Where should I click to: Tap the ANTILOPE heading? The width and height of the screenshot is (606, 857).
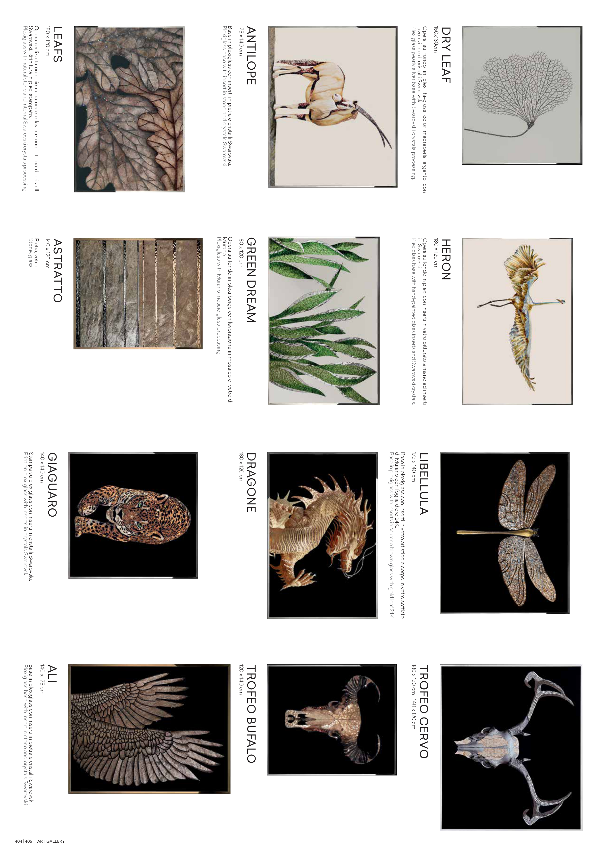tap(251, 56)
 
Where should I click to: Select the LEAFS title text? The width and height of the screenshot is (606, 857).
tap(58, 44)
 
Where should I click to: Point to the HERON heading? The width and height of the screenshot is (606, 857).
tap(446, 259)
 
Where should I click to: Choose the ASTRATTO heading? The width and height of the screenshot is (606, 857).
tap(58, 271)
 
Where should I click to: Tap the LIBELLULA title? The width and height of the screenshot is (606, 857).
tap(424, 484)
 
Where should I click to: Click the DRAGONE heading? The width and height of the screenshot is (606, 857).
tap(251, 482)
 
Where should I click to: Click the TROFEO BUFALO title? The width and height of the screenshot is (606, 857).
tap(251, 714)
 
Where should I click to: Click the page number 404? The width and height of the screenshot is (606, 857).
tap(18, 841)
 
